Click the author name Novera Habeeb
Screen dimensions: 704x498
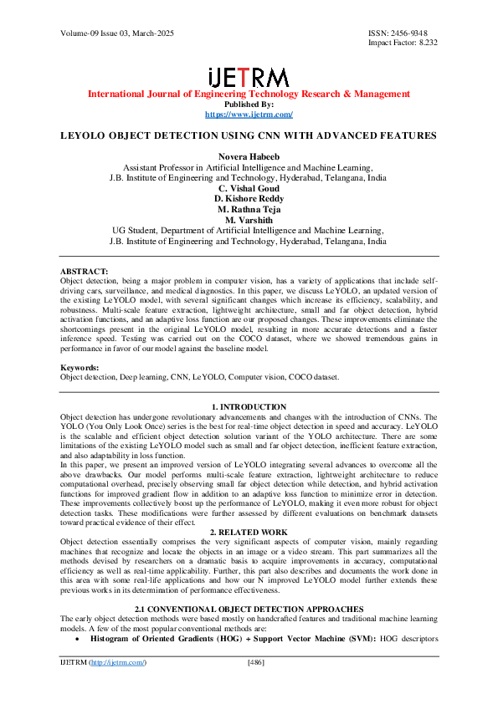click(248, 156)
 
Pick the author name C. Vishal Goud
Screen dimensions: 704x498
click(248, 188)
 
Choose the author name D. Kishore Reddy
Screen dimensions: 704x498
click(248, 198)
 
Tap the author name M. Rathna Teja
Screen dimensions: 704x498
click(248, 209)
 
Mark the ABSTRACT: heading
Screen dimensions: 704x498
click(85, 272)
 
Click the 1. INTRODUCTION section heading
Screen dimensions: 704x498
click(249, 407)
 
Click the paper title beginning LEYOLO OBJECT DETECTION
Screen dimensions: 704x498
click(249, 135)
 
